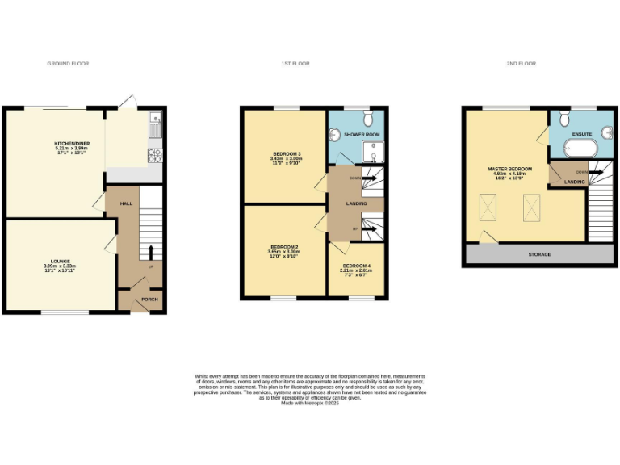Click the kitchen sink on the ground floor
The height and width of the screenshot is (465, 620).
click(155, 125)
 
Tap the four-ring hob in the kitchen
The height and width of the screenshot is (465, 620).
click(155, 154)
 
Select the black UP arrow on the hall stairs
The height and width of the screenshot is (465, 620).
click(151, 250)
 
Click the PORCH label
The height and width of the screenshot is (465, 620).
click(149, 300)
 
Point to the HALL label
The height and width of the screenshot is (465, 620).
click(126, 203)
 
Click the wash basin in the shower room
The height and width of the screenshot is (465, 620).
click(334, 135)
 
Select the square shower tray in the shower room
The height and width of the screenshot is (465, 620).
click(374, 152)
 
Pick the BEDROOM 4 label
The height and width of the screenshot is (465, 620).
click(357, 266)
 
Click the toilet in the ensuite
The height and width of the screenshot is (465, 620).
click(564, 118)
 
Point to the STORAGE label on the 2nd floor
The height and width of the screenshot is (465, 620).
click(539, 254)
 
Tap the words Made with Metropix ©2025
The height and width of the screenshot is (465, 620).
click(310, 402)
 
